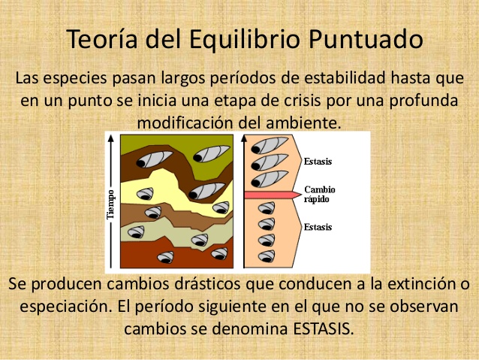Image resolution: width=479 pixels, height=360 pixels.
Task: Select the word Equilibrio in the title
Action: point(242,39)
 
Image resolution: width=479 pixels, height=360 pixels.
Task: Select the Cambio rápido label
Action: point(318,194)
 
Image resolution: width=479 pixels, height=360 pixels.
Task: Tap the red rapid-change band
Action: point(270,194)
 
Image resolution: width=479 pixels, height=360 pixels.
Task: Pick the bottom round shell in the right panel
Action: point(265,256)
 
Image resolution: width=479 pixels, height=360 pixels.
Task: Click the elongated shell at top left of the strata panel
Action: point(155,156)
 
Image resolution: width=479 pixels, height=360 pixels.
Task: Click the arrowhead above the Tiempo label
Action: point(111,138)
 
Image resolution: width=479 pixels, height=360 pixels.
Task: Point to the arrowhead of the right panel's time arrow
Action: point(245,138)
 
